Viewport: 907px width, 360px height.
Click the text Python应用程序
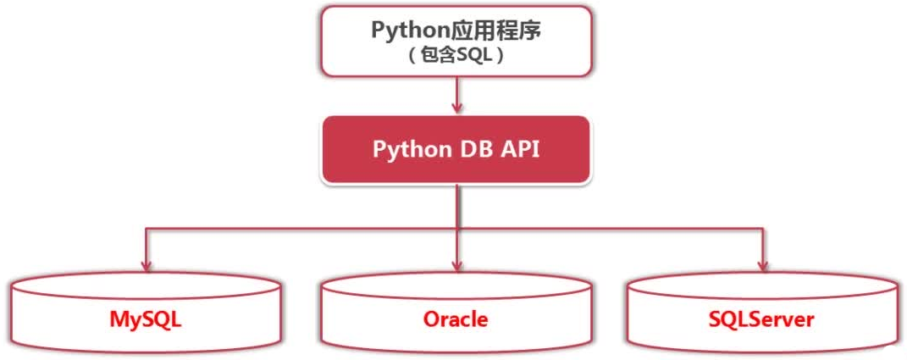456,30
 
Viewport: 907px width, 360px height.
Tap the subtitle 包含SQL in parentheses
456,56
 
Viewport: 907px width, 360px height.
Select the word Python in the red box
412,150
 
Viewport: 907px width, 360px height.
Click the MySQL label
146,318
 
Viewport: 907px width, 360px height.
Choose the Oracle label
456,318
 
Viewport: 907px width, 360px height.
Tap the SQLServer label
761,318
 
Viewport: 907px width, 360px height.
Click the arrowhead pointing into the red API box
457,107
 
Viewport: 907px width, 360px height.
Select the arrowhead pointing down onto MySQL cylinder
146,266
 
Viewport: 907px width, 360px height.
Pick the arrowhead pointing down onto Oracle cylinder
457,266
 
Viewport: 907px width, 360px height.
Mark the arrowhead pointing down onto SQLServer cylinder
764,266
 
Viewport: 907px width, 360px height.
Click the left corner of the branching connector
146,229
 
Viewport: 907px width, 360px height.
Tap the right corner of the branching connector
764,229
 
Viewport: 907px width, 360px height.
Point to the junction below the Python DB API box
457,229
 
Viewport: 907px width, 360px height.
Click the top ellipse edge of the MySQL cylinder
146,274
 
